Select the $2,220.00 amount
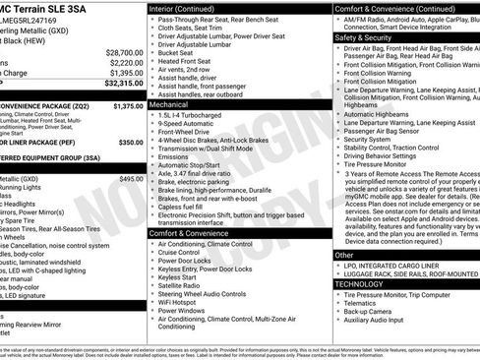click(x=126, y=62)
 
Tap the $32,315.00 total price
click(x=124, y=84)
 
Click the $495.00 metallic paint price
click(x=131, y=178)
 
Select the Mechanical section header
click(x=169, y=103)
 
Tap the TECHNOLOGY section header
click(x=358, y=283)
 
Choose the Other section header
click(x=344, y=255)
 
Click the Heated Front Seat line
click(x=189, y=60)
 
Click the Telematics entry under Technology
click(x=364, y=303)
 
